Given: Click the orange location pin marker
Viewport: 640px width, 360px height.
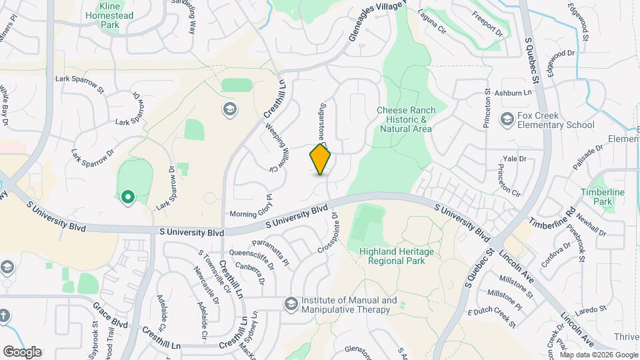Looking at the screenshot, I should coord(321,159).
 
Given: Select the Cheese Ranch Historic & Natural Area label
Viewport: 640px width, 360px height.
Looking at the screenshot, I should coord(406,119).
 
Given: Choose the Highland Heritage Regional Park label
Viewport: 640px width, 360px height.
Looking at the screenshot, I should coord(396,256).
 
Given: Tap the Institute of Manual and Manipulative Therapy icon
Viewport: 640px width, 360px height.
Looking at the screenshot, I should coord(291,305).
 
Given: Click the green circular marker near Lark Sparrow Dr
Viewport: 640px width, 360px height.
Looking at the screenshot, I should coord(127,197).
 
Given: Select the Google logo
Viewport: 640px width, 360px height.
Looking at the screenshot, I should coord(22,351).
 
